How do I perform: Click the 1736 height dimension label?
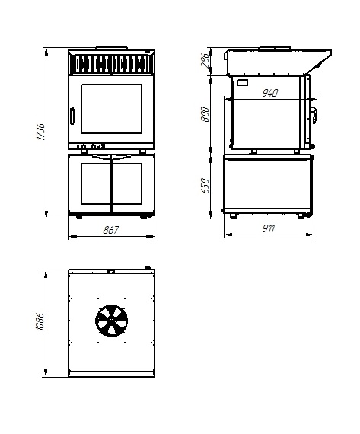click(40, 132)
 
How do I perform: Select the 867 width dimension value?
click(110, 230)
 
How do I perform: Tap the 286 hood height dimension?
click(205, 60)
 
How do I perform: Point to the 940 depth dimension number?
click(269, 93)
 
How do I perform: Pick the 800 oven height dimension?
click(205, 114)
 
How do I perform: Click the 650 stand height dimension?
click(205, 186)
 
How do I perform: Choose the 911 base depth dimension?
click(269, 228)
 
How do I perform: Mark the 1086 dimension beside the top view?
click(40, 322)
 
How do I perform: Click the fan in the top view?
click(112, 321)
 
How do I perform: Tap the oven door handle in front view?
click(72, 116)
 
